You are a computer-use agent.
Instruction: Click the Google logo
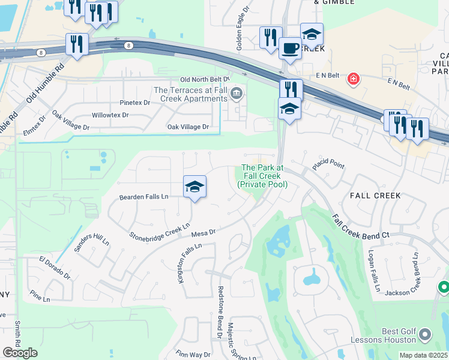[x=20, y=353]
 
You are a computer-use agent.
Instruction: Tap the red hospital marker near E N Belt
[x=353, y=79]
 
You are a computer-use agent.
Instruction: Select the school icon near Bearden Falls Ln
[x=194, y=187]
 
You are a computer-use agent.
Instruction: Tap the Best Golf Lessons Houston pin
[x=425, y=334]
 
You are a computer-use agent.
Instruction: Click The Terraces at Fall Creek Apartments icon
[x=237, y=93]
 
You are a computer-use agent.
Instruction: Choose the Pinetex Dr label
[x=134, y=103]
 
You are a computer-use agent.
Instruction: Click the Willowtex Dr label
[x=112, y=115]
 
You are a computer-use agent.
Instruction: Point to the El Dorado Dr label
[x=55, y=268]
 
